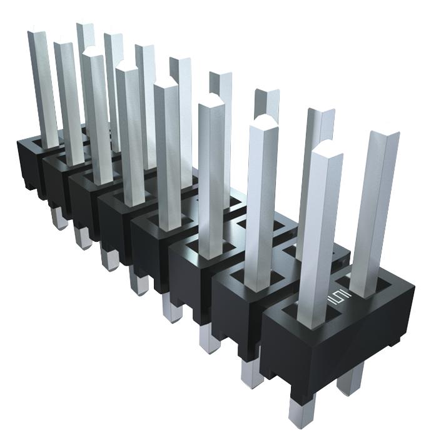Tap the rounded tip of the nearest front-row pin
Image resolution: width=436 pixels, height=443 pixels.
point(327,151)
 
